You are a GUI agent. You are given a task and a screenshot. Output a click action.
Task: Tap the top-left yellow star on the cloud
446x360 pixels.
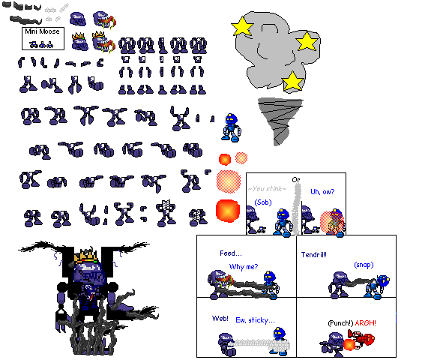(242, 27)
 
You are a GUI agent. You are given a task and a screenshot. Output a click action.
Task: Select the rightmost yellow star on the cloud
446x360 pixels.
(307, 41)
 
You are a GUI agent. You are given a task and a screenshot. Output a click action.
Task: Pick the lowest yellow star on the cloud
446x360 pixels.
(292, 81)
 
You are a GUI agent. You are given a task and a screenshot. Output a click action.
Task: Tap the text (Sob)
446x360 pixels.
(262, 202)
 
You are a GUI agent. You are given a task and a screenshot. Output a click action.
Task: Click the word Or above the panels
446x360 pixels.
(296, 179)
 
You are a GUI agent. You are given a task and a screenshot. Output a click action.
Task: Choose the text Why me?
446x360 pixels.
(243, 267)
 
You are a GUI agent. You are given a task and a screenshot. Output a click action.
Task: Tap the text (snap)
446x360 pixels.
(364, 264)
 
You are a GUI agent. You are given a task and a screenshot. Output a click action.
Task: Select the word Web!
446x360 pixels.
(220, 318)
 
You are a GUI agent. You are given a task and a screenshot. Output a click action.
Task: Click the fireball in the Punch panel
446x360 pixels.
(350, 345)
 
